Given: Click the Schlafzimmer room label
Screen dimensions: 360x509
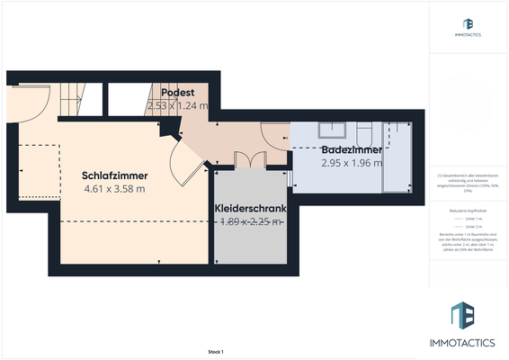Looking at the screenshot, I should point(114,175).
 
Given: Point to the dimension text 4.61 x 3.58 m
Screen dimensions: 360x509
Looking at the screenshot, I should point(114,189).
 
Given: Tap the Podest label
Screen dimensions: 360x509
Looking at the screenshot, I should point(177,93).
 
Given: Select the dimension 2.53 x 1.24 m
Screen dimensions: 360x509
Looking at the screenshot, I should point(177,105).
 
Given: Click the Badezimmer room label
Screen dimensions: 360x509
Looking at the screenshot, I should point(352,149).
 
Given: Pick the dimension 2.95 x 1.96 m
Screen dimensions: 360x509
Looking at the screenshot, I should point(352,163).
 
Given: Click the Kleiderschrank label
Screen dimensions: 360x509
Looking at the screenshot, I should point(251,208).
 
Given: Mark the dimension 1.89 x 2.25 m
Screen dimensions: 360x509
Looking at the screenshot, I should point(251,221).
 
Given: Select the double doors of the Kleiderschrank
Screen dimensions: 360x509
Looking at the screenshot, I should point(249,159).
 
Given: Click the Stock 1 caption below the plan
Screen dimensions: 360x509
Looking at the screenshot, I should point(215,352).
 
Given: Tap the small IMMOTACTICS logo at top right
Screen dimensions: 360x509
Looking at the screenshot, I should point(468,27).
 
